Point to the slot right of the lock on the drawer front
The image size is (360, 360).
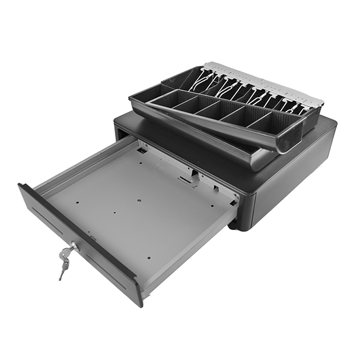pos(107,276)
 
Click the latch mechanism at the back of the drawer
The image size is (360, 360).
pos(188,179)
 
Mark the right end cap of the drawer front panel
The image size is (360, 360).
pos(138,292)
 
